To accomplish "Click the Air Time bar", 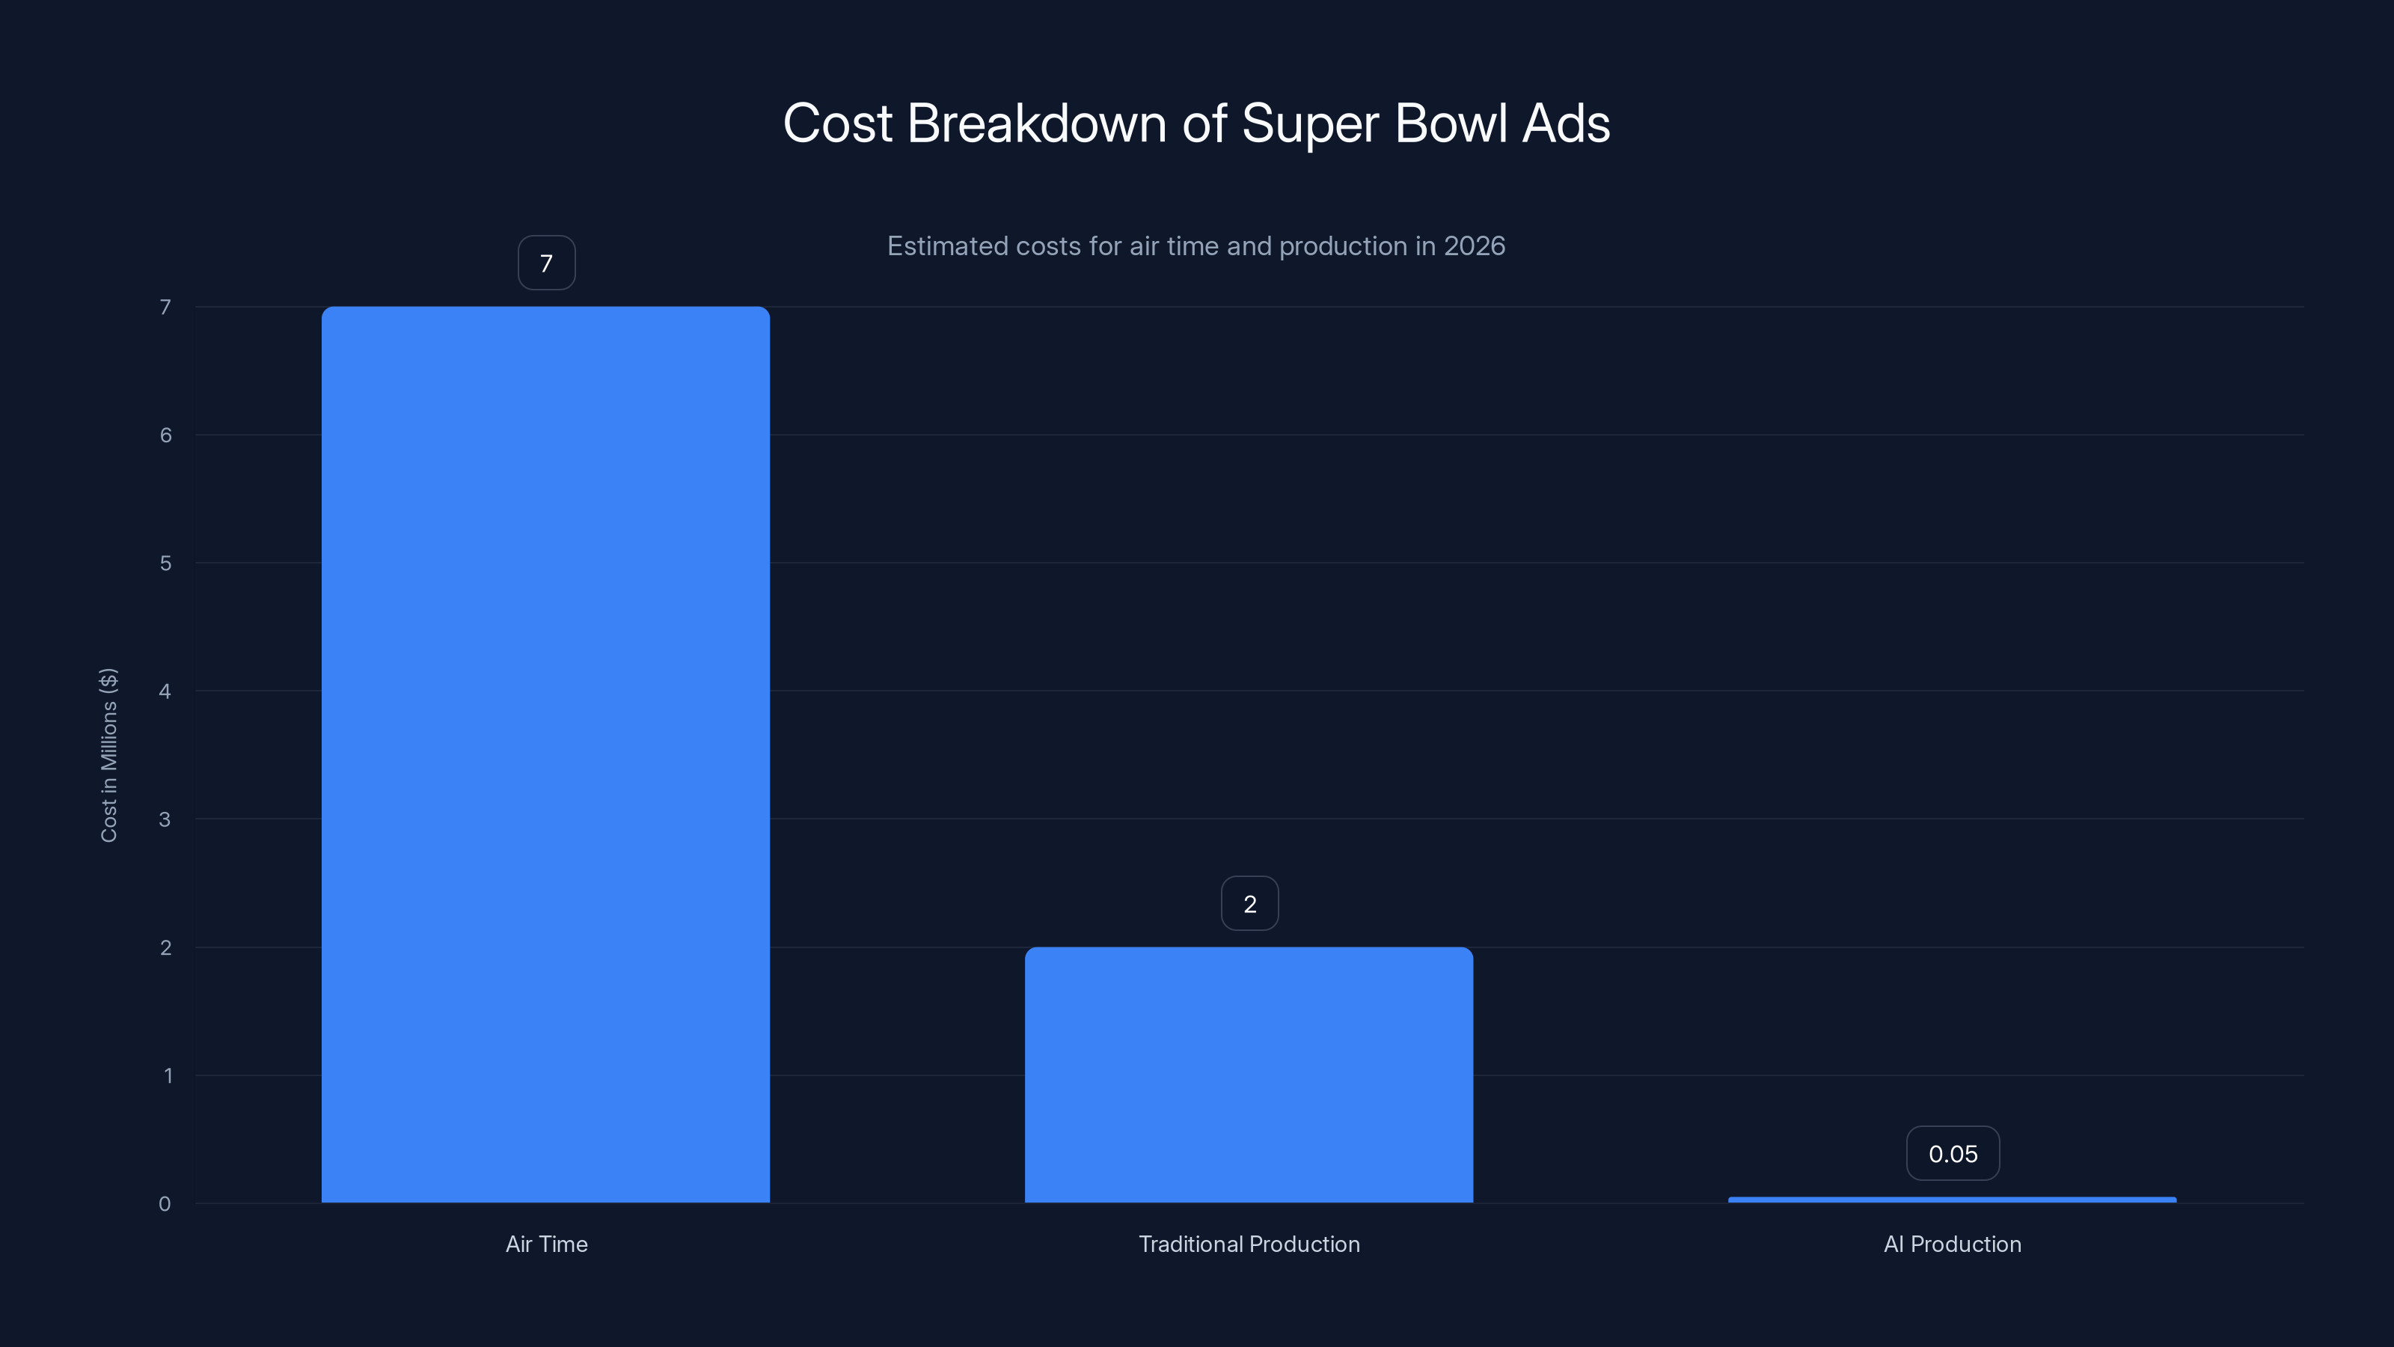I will [x=545, y=754].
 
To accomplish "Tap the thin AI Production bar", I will [x=1952, y=1199].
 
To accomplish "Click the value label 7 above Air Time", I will [x=546, y=263].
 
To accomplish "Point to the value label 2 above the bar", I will [x=1249, y=903].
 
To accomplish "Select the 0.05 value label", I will [x=1953, y=1154].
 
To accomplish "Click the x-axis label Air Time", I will [x=546, y=1244].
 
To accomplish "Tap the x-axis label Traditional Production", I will [x=1249, y=1244].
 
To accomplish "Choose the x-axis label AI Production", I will [x=1952, y=1244].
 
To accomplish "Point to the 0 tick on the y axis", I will [x=165, y=1204].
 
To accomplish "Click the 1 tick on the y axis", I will [x=168, y=1075].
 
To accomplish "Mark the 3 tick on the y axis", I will [x=165, y=819].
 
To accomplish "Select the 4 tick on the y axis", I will [x=165, y=691].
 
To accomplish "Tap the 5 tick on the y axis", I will [x=165, y=563].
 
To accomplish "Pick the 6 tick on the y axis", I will [x=165, y=435].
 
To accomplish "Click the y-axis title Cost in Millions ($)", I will [x=108, y=755].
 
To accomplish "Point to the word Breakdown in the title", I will [x=1036, y=123].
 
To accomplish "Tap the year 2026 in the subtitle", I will [x=1474, y=246].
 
